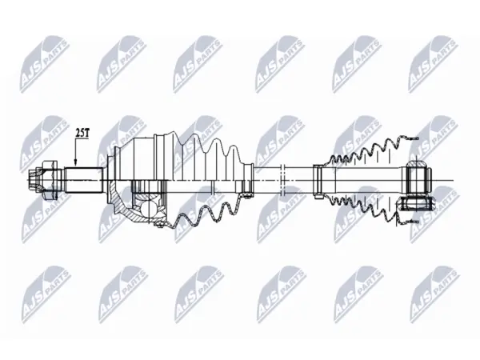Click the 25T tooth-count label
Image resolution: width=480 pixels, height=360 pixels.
coord(82,133)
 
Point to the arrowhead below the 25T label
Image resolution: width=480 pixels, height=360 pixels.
coord(76,164)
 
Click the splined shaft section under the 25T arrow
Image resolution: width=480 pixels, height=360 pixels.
coord(84,180)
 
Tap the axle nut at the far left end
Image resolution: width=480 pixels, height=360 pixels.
coord(42,180)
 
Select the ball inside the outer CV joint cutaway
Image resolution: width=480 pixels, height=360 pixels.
coord(150,209)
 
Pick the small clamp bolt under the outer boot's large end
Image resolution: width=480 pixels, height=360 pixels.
coord(158,226)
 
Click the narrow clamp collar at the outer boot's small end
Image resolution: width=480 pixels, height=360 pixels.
coord(248,180)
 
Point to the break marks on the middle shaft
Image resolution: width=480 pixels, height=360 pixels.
coord(283,180)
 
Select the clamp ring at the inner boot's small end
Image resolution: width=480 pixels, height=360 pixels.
coord(318,182)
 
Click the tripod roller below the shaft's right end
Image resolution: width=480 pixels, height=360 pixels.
coord(415,205)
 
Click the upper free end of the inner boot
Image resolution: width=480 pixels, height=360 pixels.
coord(410,138)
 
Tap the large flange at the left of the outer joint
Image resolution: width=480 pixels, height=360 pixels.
coord(110,180)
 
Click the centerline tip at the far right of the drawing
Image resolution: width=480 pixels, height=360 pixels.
coord(453,181)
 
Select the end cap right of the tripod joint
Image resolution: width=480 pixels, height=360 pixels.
coord(429,181)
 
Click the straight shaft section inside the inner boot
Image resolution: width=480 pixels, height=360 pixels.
coord(367,180)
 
